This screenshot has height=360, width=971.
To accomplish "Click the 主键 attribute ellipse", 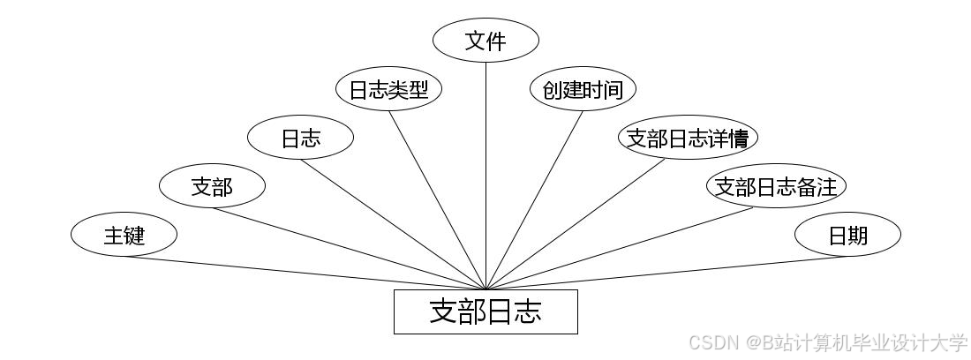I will coord(124,235).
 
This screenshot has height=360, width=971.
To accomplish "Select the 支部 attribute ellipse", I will coord(212,186).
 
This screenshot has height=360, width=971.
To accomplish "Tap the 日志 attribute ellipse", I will coord(300,138).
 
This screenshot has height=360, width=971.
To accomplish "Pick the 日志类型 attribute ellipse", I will coord(388,89).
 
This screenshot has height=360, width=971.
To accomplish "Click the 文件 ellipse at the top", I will coord(485,41).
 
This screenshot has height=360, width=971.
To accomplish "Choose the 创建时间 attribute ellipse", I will coord(583,89).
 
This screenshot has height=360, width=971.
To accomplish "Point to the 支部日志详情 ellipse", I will coord(688,138).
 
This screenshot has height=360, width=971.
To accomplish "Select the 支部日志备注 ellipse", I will coord(776,186).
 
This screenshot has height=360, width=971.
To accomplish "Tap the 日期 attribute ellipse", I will coord(847,235).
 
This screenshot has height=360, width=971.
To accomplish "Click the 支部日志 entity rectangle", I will coord(485,311).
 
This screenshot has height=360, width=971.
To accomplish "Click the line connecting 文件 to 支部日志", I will coord(485,176).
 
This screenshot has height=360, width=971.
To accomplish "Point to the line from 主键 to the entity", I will coord(305,273).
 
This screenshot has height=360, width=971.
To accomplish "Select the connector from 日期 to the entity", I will coord(666,273).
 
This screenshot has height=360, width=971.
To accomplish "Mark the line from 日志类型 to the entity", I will coord(437,199).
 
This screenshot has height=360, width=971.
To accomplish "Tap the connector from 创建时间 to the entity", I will coord(534,199).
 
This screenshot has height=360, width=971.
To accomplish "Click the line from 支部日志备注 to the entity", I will coord(619,248).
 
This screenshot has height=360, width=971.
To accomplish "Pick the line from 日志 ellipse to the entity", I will coord(393,224).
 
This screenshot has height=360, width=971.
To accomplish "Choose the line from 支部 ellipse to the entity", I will coord(349,248).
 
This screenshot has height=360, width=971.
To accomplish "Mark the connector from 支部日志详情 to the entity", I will coord(575,224).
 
